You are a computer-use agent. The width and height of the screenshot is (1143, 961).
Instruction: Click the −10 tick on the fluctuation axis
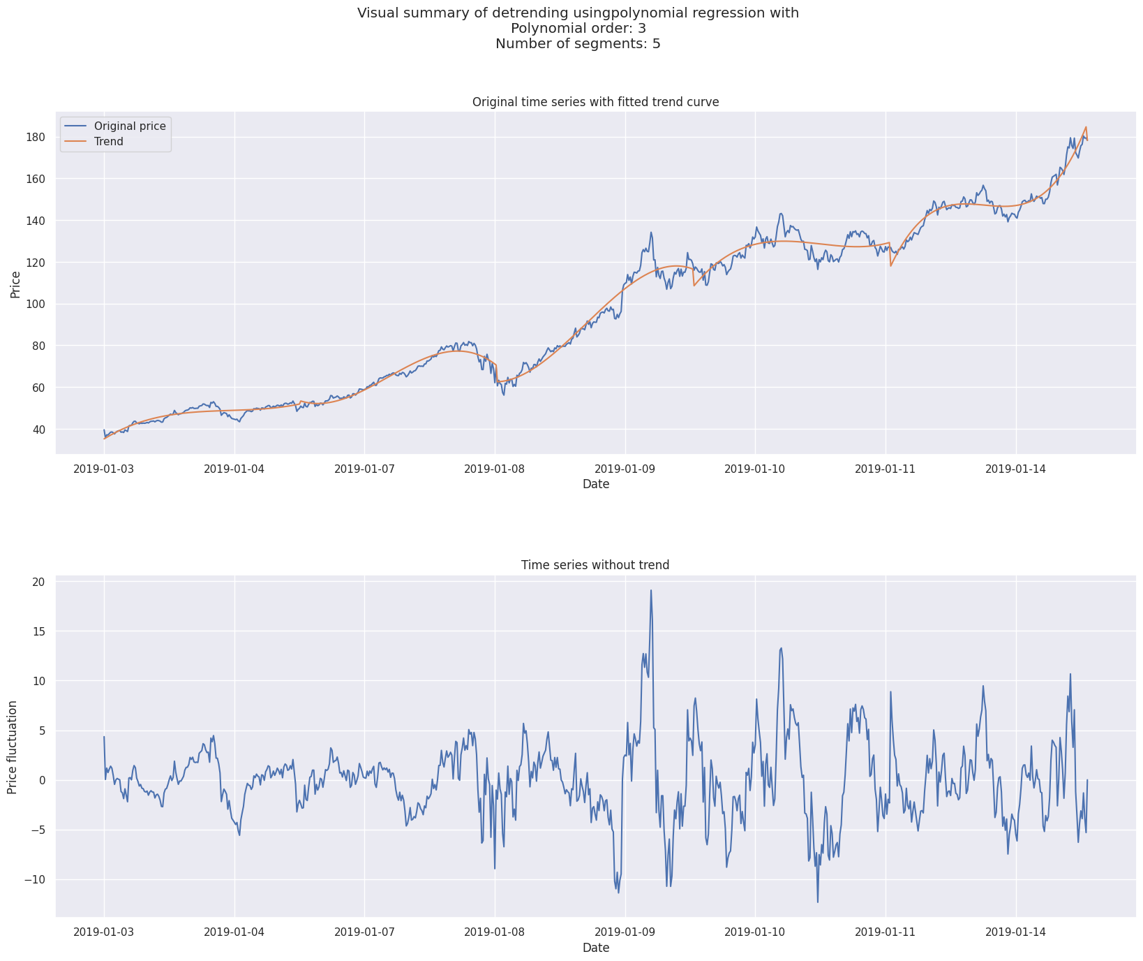(33, 880)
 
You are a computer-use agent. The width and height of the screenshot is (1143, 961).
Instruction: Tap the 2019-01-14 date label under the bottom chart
(1016, 932)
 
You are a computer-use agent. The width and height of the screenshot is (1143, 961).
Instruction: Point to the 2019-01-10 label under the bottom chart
(755, 932)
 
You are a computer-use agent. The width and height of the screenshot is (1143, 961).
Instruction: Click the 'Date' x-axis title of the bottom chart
(596, 948)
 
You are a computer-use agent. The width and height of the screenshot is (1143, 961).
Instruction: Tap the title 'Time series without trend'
(595, 565)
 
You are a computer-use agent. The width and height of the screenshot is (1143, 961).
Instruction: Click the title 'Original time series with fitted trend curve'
(595, 102)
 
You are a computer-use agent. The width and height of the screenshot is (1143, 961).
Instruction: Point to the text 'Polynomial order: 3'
(578, 29)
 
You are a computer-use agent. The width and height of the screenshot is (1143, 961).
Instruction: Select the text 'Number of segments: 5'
(578, 44)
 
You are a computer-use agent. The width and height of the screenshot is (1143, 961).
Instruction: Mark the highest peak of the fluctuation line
(651, 590)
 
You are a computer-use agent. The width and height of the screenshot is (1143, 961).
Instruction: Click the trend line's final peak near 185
(1086, 127)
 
